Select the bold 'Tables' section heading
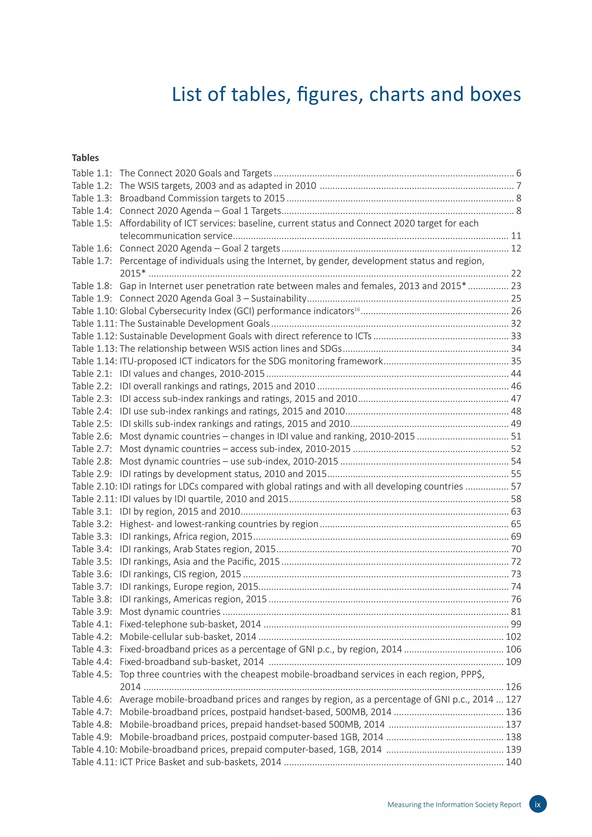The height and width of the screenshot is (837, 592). click(85, 158)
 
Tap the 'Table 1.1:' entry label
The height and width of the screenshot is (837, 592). click(92, 173)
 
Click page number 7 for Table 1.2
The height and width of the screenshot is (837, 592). click(518, 186)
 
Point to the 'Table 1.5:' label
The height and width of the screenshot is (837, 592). click(92, 223)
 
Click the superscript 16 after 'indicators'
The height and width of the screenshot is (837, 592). click(357, 309)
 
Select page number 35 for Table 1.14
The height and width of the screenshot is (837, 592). click(516, 361)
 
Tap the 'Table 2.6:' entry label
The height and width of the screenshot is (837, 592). click(92, 436)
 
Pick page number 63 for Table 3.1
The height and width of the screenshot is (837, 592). click(516, 512)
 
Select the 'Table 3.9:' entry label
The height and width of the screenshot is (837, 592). click(92, 612)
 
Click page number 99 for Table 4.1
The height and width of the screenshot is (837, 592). click(516, 625)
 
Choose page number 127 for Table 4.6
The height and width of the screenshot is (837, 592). click(513, 699)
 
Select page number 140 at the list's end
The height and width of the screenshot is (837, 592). click(513, 762)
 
